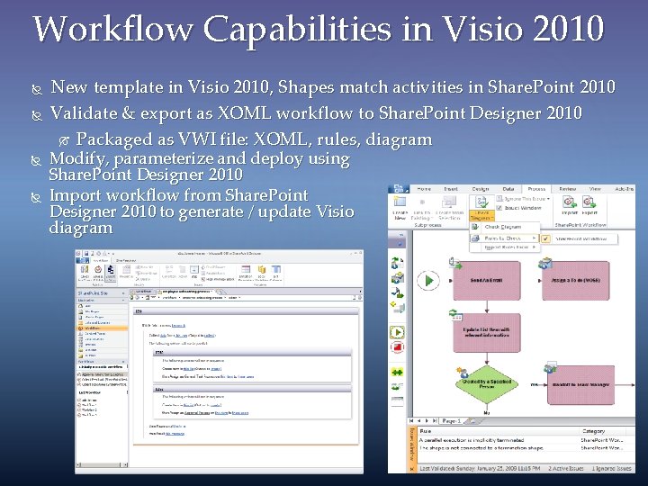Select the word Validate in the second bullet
tap(84, 113)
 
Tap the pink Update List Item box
tap(488, 334)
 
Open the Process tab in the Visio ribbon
tap(537, 189)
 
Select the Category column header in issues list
tap(594, 431)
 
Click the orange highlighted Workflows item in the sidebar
tap(94, 328)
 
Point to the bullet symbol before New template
tap(37, 88)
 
